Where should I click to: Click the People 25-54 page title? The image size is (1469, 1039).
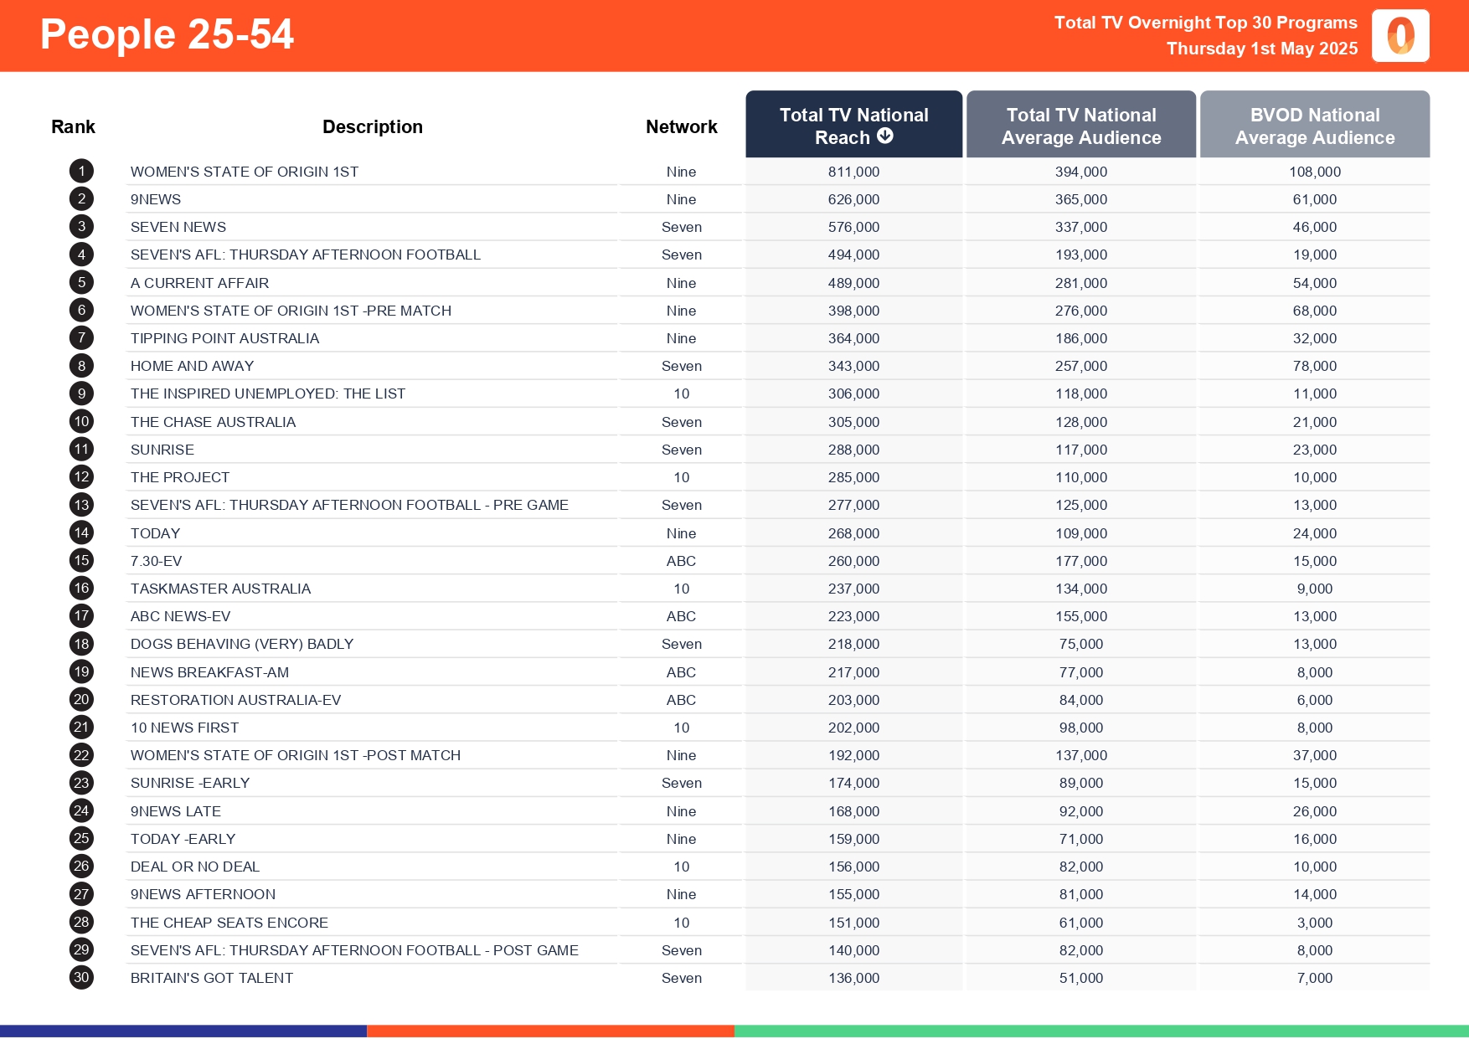167,35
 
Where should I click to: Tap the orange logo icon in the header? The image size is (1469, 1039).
1400,36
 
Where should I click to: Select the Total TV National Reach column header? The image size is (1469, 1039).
853,126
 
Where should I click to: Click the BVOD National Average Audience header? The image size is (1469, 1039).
1314,126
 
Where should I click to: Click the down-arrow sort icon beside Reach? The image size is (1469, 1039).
885,136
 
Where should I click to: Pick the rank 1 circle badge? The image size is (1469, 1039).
81,172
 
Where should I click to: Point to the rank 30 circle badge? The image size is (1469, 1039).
81,978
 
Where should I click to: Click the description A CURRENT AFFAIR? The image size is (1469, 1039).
199,283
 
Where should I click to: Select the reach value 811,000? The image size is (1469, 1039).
853,172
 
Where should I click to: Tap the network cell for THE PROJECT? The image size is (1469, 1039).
681,477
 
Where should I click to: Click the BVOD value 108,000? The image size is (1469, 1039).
1314,172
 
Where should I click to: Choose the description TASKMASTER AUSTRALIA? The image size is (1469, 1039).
220,589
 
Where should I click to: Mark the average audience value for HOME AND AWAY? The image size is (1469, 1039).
1080,366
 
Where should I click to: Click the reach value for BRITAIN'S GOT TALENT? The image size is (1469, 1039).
853,978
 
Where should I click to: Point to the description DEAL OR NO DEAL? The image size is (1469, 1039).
194,867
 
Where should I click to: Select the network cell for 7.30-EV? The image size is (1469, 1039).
681,561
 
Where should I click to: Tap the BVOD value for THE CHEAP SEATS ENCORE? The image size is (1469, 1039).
1314,923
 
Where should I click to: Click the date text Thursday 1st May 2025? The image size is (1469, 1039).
1261,49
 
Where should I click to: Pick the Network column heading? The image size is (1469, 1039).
681,127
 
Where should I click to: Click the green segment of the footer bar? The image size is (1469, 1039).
1101,1031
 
